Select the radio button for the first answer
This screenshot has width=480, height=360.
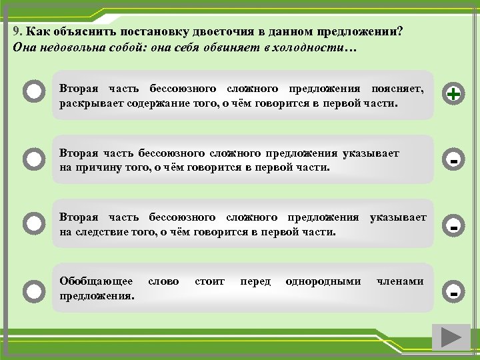[33, 93]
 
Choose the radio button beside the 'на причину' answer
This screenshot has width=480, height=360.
[33, 159]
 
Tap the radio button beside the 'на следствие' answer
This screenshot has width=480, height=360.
[33, 224]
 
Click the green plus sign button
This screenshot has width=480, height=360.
[453, 95]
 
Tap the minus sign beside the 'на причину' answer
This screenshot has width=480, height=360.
[453, 161]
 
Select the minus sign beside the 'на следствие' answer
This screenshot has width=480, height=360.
[453, 227]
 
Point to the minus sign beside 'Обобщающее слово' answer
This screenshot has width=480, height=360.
[453, 293]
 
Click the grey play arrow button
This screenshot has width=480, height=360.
[451, 337]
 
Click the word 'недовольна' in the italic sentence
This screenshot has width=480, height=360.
[69, 48]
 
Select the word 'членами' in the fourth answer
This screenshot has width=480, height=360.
[400, 282]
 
